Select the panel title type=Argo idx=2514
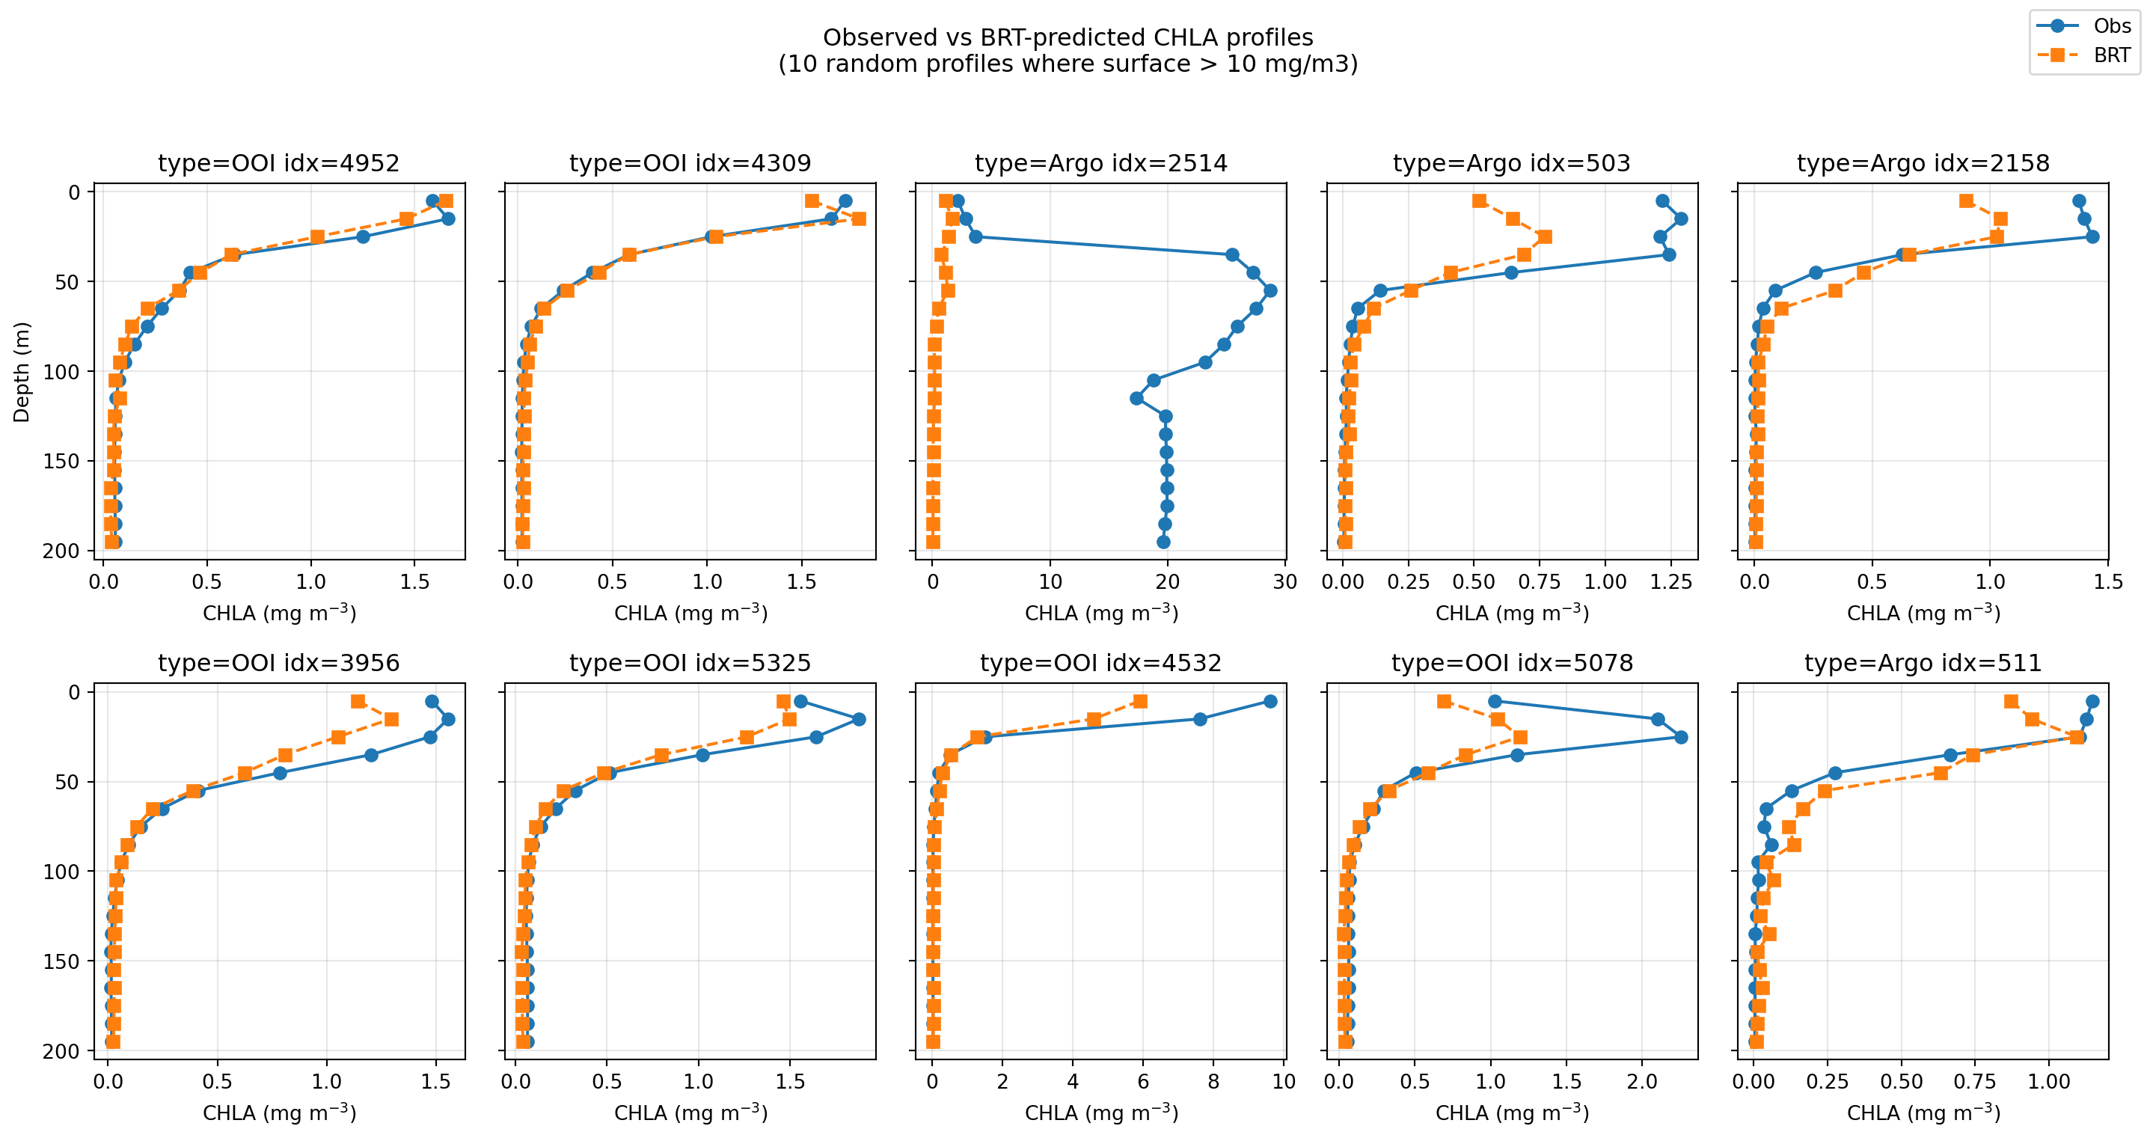[x=1101, y=163]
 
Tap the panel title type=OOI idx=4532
[x=1101, y=663]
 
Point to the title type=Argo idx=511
[x=1923, y=663]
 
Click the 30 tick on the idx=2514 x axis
[x=1284, y=582]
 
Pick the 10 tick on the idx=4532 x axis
[x=1284, y=1082]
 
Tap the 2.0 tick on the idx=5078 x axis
[x=1643, y=1082]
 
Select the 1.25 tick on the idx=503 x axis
[x=1671, y=582]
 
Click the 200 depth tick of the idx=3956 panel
[x=61, y=1051]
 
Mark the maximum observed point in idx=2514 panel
[x=1270, y=290]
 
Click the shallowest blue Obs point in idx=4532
[x=1270, y=701]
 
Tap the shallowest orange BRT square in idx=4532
[x=1140, y=701]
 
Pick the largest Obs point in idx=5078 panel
[x=1681, y=737]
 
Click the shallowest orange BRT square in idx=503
[x=1480, y=201]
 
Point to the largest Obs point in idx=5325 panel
[x=859, y=720]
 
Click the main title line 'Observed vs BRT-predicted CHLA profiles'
[x=1068, y=37]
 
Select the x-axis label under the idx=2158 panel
[x=1923, y=614]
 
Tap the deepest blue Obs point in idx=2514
[x=1163, y=542]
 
